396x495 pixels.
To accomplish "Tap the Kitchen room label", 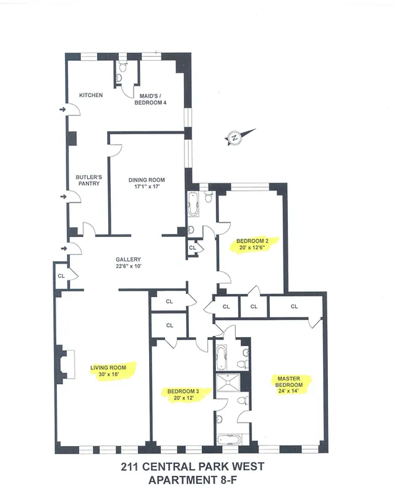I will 91,95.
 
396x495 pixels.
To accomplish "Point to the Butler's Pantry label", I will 88,179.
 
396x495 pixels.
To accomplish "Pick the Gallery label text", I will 129,259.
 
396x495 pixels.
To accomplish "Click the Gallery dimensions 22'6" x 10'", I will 129,267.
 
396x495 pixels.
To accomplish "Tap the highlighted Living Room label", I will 108,368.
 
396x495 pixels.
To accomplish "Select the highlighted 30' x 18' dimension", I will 108,375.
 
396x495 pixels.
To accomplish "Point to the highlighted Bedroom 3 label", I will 183,391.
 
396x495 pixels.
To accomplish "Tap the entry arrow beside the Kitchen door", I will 62,110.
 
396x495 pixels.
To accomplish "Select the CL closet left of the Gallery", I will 61,276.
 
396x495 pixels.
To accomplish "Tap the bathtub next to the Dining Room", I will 192,206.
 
